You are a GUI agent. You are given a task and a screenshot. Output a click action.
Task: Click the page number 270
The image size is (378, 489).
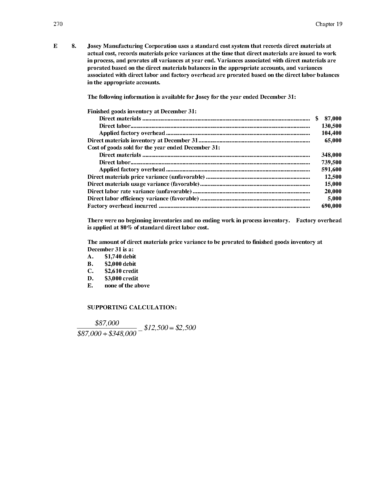click(58, 24)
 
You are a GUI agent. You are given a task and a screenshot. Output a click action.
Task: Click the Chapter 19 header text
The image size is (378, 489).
click(329, 24)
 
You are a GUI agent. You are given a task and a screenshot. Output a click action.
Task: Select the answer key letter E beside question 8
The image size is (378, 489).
click(55, 46)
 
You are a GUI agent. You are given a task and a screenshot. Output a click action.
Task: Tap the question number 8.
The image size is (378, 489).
click(74, 46)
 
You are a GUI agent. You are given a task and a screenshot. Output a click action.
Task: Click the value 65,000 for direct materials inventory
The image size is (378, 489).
click(333, 140)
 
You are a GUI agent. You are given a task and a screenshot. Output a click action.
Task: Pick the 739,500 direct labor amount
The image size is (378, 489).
click(331, 162)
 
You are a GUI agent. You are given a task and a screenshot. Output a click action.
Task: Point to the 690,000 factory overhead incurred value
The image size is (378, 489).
click(331, 206)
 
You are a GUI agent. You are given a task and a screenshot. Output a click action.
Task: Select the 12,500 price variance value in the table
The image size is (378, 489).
click(333, 177)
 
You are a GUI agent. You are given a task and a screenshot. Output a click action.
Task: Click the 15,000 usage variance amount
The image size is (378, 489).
click(333, 184)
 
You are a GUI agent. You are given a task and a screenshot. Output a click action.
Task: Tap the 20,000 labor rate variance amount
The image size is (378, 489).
click(333, 191)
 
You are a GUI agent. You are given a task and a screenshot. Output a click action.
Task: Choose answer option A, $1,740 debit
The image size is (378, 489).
click(120, 257)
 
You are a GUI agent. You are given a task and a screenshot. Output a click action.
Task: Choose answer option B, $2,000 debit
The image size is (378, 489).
click(120, 264)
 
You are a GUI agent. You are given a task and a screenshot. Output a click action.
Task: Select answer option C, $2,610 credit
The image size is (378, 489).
click(121, 271)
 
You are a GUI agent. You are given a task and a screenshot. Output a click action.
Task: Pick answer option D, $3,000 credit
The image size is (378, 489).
click(121, 278)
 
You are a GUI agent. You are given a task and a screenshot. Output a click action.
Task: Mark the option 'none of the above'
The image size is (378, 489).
click(127, 286)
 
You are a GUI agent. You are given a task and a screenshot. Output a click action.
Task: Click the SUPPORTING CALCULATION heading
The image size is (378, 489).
click(132, 307)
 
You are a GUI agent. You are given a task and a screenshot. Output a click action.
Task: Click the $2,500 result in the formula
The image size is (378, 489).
click(186, 328)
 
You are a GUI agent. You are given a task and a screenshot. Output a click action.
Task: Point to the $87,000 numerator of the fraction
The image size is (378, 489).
click(107, 323)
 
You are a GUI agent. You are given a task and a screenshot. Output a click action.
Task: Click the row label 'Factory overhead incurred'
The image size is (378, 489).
click(122, 206)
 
